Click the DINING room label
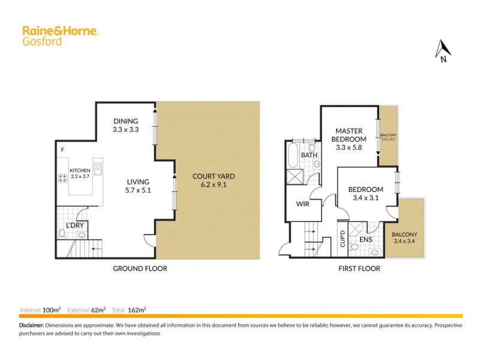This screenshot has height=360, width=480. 125,121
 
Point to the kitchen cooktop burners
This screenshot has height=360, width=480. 62,178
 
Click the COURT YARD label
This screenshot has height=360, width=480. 213,176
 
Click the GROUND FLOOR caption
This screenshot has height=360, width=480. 140,269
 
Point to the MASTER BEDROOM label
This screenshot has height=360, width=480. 350,135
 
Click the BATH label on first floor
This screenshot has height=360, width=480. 309,155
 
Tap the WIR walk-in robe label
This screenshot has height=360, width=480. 302,203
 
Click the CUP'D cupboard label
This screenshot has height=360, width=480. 343,239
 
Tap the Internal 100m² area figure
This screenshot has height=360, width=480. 41,310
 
